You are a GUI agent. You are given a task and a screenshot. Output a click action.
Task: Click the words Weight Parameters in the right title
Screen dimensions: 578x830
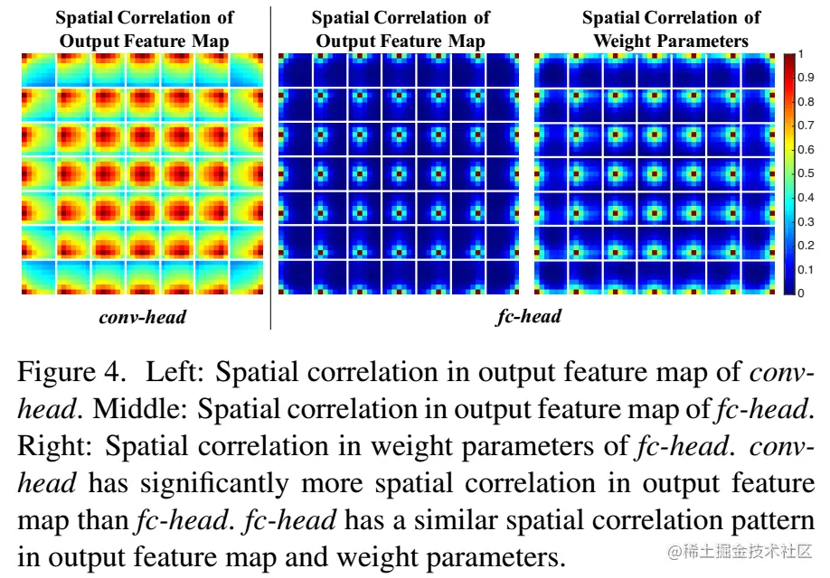671,41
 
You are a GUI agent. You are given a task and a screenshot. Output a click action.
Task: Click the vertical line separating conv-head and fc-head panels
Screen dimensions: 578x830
271,167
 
